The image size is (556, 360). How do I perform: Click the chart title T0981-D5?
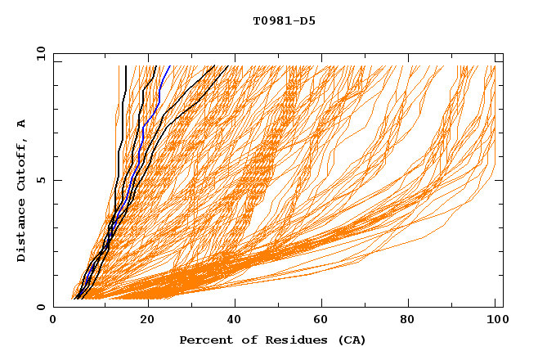pos(284,21)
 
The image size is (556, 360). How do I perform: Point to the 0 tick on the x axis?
pos(54,321)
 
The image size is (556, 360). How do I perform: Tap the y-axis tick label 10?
pos(39,53)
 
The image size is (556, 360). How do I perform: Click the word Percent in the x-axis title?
pos(204,340)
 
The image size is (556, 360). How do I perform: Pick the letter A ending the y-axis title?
pos(22,124)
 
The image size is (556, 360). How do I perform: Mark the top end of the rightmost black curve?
pos(228,66)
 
